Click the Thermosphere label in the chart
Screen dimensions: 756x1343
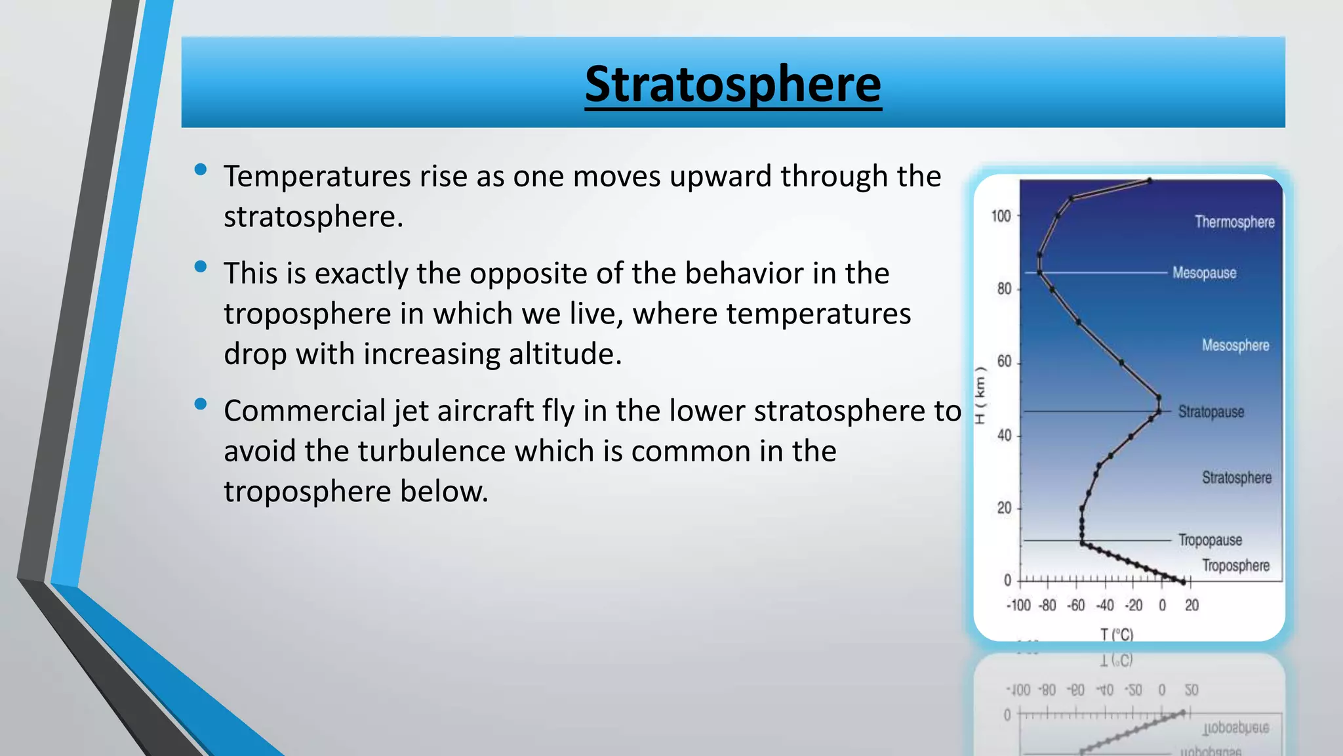coord(1234,222)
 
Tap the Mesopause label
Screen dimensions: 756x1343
coord(1204,272)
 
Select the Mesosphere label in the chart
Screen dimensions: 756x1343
coord(1235,345)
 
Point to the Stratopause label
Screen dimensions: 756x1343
coord(1211,411)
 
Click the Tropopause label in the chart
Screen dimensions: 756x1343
coord(1209,539)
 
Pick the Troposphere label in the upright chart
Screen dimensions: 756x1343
coord(1235,565)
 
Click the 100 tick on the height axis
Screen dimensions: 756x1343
coord(1001,216)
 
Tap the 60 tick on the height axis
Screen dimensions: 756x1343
coord(1004,362)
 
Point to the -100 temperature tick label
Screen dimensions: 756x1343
coord(1018,605)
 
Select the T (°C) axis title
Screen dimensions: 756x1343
coord(1116,634)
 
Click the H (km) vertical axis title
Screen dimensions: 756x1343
coord(980,395)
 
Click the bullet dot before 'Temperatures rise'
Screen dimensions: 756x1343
coord(201,170)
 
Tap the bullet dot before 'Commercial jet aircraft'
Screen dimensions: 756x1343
coord(201,404)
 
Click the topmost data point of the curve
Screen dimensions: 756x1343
coord(1149,180)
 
